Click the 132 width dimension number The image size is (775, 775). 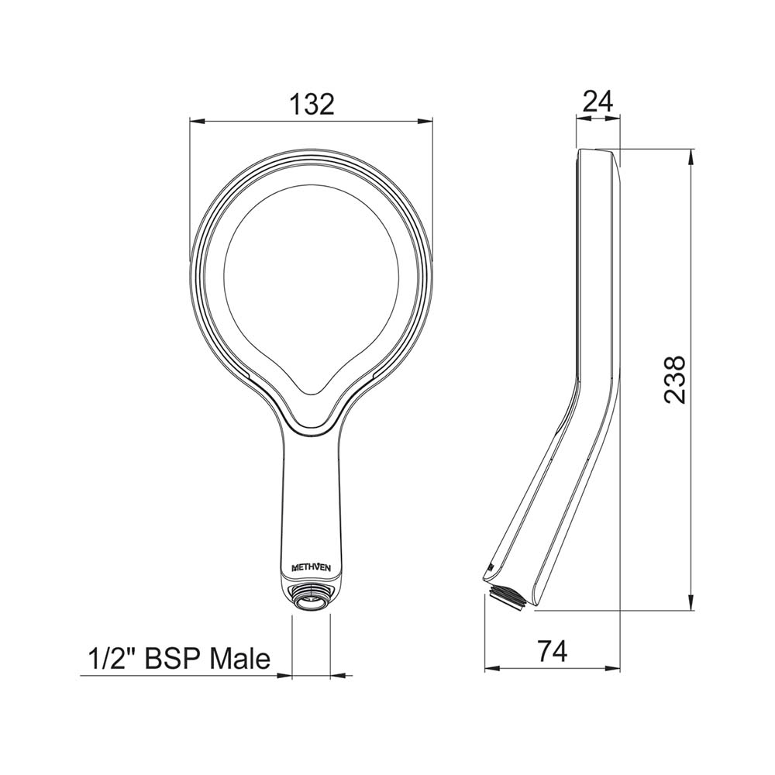pyautogui.click(x=312, y=103)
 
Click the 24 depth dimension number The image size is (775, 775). pyautogui.click(x=598, y=101)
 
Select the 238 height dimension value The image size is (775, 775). pyautogui.click(x=675, y=379)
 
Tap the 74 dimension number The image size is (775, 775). pyautogui.click(x=551, y=651)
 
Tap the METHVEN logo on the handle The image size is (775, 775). pyautogui.click(x=312, y=568)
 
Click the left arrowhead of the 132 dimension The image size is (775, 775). pyautogui.click(x=196, y=121)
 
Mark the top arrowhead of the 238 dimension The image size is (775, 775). pyautogui.click(x=691, y=155)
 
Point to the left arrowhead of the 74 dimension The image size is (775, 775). pyautogui.click(x=490, y=669)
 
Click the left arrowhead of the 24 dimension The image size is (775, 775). pyautogui.click(x=580, y=119)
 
